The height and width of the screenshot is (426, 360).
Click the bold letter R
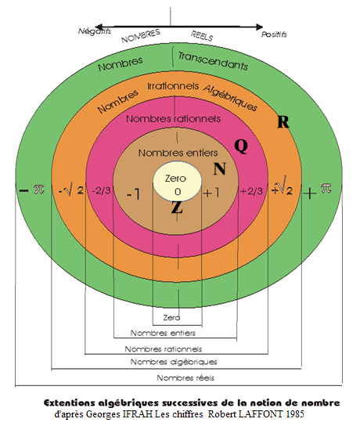click(283, 121)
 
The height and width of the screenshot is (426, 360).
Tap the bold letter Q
click(241, 146)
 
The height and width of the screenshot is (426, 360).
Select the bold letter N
click(220, 169)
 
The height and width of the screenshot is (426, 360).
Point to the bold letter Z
click(177, 208)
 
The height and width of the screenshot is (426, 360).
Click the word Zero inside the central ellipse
click(175, 179)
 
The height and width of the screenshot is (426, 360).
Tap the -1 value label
click(133, 194)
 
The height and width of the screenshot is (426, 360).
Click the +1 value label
click(211, 193)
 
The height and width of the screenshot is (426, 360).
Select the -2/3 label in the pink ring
click(101, 191)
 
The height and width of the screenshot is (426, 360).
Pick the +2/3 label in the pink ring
click(252, 191)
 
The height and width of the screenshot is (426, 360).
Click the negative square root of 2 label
click(71, 190)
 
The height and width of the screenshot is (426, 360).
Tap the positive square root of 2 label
click(282, 186)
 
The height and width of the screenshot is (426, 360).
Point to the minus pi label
click(31, 190)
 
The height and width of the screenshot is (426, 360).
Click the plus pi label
click(317, 191)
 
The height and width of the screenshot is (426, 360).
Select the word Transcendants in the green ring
click(213, 61)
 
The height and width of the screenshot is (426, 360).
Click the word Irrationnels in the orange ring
click(173, 86)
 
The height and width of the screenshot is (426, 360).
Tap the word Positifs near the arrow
click(274, 34)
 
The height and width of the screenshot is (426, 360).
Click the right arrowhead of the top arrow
click(260, 27)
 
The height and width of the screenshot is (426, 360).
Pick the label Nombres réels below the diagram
click(185, 378)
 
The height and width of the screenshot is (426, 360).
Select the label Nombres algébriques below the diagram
click(174, 362)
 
